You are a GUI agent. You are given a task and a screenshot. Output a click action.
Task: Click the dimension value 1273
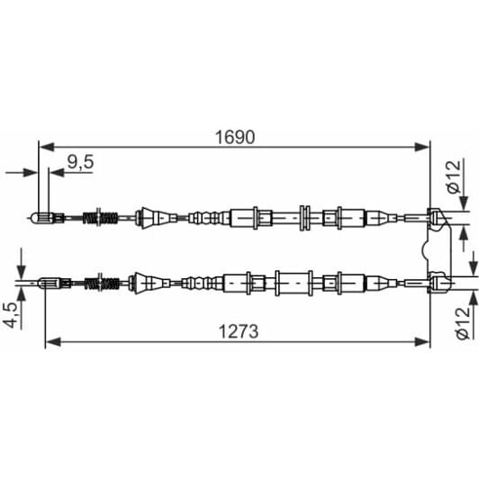tap(237, 330)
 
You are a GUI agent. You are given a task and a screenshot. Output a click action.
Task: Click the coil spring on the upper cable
tap(101, 217)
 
